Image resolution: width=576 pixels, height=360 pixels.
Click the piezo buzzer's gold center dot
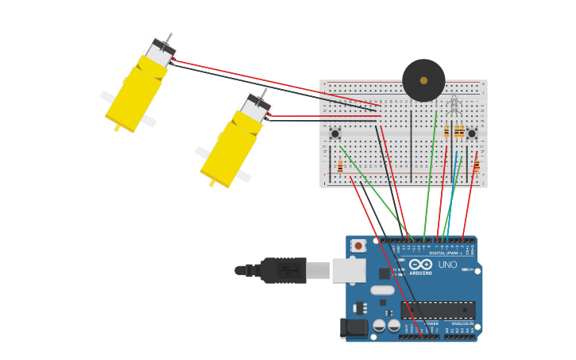(423, 80)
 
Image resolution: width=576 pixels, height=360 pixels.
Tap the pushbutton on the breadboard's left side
(334, 134)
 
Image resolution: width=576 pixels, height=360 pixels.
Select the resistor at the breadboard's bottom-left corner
(340, 167)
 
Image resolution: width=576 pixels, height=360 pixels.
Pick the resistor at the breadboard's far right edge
(477, 166)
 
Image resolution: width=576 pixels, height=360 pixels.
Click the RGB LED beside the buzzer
(453, 104)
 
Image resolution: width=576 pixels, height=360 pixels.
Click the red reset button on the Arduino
(358, 246)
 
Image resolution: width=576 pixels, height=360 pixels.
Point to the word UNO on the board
(447, 265)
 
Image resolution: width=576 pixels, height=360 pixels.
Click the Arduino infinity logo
(420, 264)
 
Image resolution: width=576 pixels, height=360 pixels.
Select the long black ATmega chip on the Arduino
(438, 310)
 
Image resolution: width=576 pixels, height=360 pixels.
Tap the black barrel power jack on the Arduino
(353, 327)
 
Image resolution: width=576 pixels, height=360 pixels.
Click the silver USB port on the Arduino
(348, 270)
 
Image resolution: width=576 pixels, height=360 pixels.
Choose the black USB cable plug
(283, 270)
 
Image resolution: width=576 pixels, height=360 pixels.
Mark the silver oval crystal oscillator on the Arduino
(382, 290)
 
